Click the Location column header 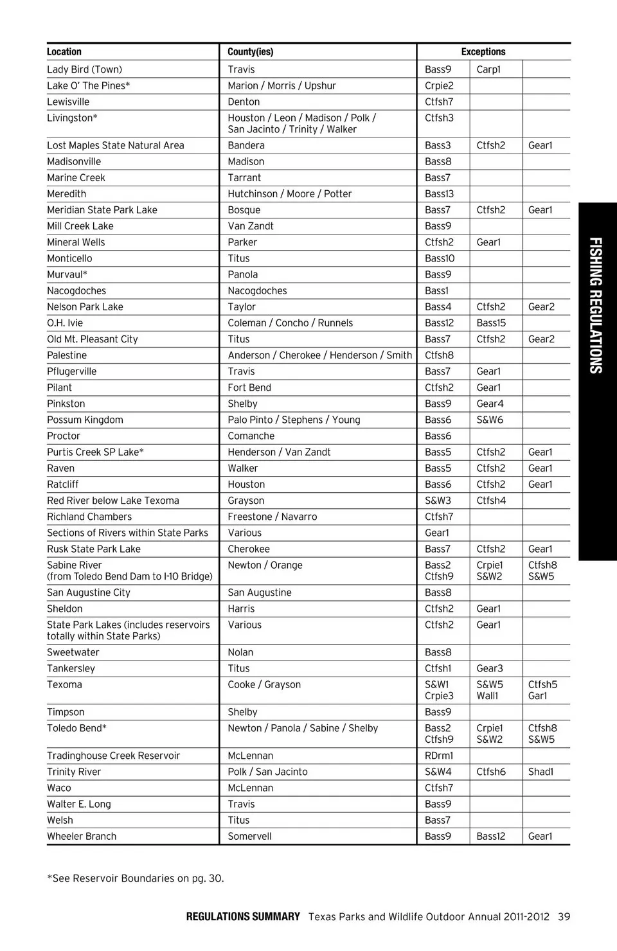pos(64,52)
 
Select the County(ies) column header pos(250,52)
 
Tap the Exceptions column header pos(483,52)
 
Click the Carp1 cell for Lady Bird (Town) pos(488,69)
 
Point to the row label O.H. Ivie pos(65,323)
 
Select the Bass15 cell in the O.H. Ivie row pos(491,323)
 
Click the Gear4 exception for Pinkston pos(490,404)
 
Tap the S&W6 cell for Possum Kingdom pos(490,420)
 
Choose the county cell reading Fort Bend pos(249,387)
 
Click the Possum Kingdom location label pos(85,420)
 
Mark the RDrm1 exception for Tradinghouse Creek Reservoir pos(439,756)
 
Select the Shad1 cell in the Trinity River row pos(541,772)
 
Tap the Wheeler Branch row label pos(82,836)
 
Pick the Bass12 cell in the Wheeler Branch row pos(491,836)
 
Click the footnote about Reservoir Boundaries pos(136,878)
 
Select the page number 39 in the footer pos(564,917)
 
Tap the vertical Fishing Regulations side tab pos(596,305)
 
